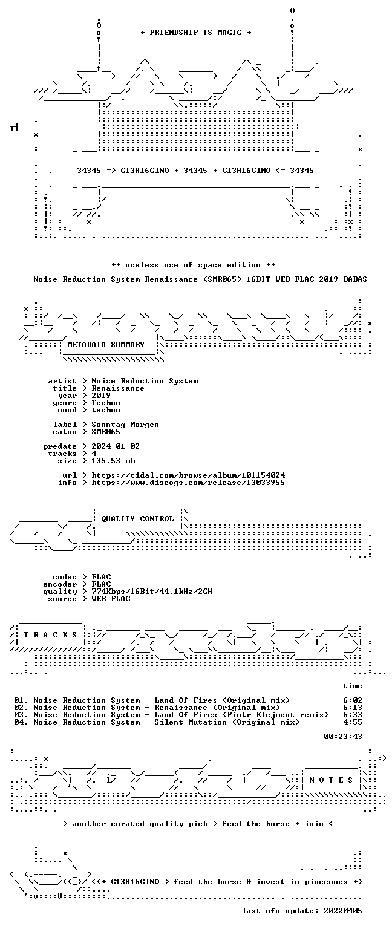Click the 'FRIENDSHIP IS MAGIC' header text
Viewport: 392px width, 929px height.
196,32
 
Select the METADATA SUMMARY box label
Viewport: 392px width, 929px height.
106,345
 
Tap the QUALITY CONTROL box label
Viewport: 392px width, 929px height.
137,519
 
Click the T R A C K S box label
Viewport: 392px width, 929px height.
50,635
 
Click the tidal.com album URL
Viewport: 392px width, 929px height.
188,475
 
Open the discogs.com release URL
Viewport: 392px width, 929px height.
188,483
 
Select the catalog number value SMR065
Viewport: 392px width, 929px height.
106,432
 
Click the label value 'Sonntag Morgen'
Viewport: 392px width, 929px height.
125,425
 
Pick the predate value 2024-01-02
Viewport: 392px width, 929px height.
116,446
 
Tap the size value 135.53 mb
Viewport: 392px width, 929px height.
113,461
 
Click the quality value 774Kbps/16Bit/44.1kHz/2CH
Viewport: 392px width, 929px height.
152,592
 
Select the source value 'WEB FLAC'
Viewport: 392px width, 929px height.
111,599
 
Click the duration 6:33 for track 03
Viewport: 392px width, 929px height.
353,714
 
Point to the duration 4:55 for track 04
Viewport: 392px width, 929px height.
353,722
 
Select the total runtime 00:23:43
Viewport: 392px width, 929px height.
343,737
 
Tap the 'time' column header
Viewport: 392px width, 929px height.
353,686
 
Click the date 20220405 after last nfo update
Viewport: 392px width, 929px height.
343,911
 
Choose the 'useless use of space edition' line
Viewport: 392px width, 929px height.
194,265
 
